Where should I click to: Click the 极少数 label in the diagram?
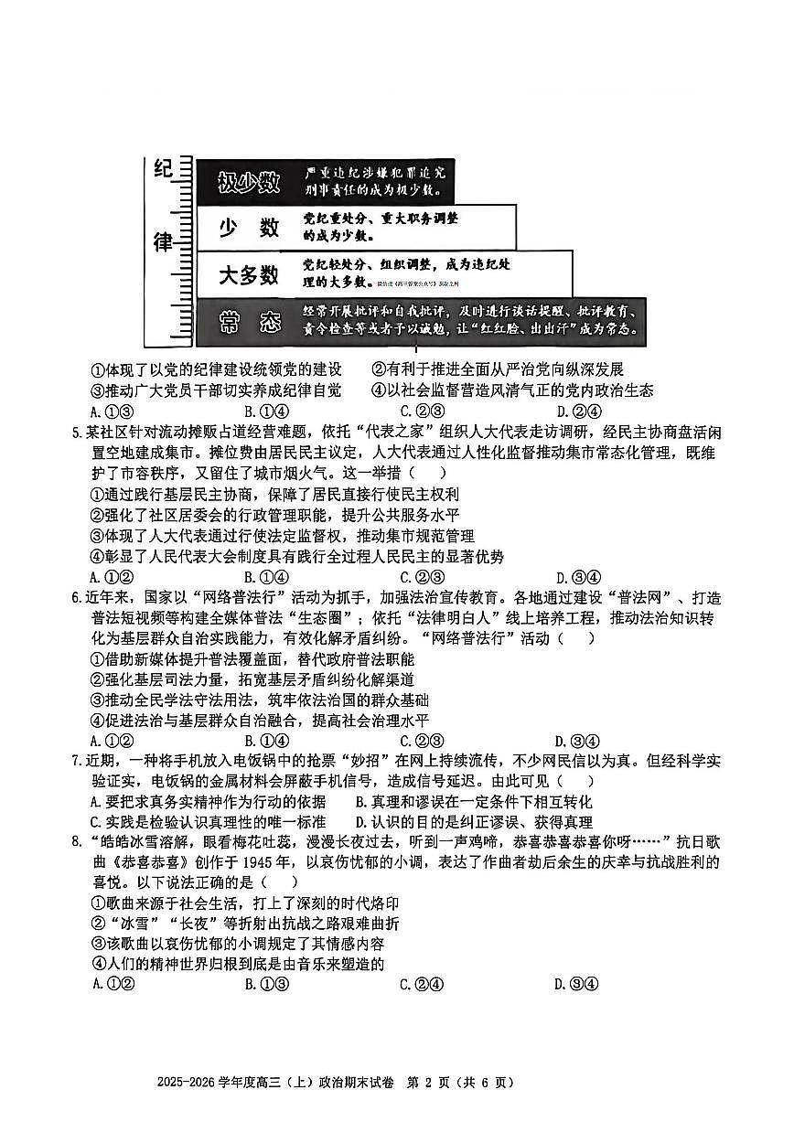[247, 183]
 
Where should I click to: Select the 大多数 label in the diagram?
[247, 274]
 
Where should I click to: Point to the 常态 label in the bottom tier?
[247, 321]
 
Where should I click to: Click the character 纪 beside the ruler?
[163, 171]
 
